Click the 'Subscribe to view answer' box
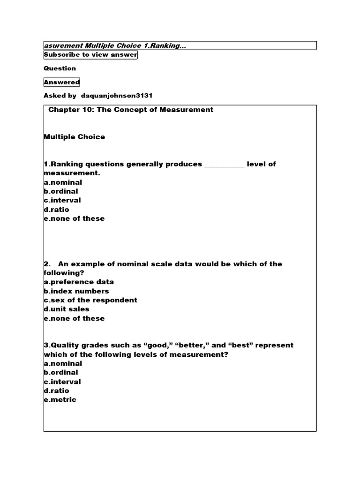[x=90, y=55]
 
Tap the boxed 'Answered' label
[x=62, y=82]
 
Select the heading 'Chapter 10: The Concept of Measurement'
[x=131, y=110]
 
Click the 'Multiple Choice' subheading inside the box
[x=74, y=137]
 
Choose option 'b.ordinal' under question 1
[x=61, y=191]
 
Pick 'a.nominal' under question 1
[x=63, y=182]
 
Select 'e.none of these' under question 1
[x=74, y=218]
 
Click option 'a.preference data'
[x=79, y=282]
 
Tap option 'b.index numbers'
[x=76, y=291]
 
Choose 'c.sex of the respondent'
[x=90, y=300]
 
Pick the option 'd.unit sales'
[x=67, y=309]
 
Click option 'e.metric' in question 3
[x=60, y=399]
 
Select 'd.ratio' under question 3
[x=56, y=390]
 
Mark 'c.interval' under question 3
[x=62, y=382]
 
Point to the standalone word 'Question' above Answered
[x=60, y=68]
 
